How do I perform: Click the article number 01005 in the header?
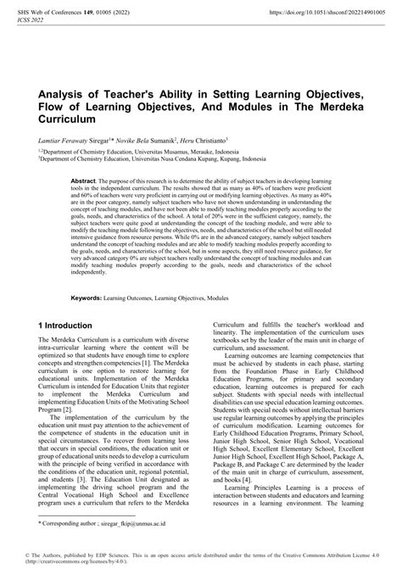(103, 12)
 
